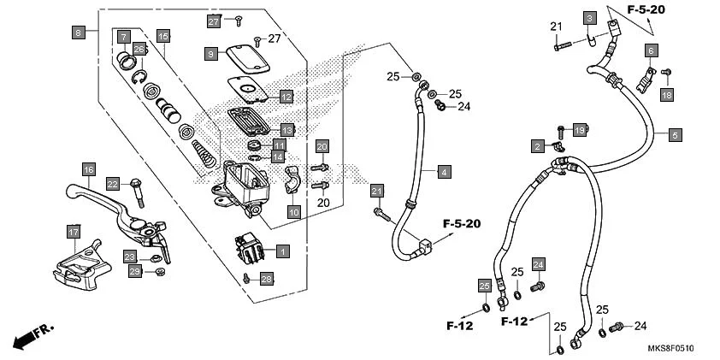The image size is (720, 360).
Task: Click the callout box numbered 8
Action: [79, 32]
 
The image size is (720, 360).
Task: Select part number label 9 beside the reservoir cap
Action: [210, 53]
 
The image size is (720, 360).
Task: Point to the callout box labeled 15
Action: [162, 36]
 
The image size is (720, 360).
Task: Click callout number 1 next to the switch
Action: [281, 251]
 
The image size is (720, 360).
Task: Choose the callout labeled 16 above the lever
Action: [87, 168]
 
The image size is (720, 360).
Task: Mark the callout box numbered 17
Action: [74, 231]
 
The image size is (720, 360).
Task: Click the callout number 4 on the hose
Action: [444, 172]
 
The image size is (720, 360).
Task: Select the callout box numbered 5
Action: [675, 134]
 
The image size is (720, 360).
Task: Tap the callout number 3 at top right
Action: [589, 17]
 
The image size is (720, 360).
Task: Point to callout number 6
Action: [651, 50]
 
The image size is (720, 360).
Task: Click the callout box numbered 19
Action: [579, 130]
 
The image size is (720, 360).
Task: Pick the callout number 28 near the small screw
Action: [266, 279]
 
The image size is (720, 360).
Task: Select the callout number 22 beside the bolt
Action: [113, 183]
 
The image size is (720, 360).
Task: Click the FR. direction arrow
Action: [30, 335]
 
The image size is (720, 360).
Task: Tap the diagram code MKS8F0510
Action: [670, 349]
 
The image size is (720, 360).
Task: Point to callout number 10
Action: [293, 211]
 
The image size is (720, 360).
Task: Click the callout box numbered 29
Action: [134, 271]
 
